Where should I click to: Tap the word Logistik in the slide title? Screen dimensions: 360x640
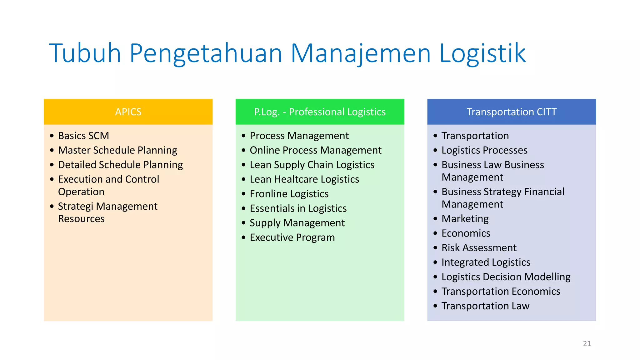[482, 54]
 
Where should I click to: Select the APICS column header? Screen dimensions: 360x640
[128, 112]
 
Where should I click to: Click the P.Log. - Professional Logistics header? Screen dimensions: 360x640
[320, 112]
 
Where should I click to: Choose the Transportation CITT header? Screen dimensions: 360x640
[512, 112]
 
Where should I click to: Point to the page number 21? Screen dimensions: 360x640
[587, 344]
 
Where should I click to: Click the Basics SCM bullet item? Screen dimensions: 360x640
[83, 136]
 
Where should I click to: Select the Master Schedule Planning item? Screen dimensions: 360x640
[117, 150]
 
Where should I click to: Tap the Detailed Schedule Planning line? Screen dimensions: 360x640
[120, 165]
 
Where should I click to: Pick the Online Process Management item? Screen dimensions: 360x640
[315, 150]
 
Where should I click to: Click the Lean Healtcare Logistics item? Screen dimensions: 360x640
[304, 179]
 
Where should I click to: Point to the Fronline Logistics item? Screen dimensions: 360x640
[289, 194]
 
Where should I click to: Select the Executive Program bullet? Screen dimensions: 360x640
[292, 237]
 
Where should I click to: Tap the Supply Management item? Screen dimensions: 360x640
[297, 223]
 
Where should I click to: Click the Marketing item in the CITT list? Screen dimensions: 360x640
[465, 219]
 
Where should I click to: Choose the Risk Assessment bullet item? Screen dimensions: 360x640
[479, 248]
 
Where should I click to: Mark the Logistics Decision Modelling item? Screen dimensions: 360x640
[506, 277]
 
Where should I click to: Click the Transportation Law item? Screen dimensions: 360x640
[485, 306]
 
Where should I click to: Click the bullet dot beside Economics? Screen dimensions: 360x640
[435, 233]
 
